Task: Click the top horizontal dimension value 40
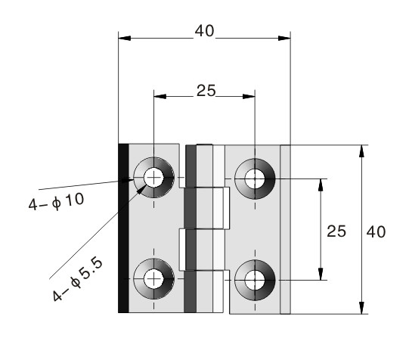click(204, 31)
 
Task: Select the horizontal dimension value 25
click(206, 91)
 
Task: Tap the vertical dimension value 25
click(336, 231)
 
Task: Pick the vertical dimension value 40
click(376, 232)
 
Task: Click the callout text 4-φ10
click(56, 202)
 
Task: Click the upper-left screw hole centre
click(153, 178)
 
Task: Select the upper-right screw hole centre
click(255, 178)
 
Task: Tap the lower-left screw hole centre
click(153, 279)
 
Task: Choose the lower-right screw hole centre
click(255, 280)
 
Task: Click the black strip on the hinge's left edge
click(123, 228)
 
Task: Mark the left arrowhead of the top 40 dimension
click(125, 39)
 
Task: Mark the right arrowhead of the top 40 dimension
click(284, 39)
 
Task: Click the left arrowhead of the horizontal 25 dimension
click(160, 97)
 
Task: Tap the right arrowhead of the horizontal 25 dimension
click(249, 97)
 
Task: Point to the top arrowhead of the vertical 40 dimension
click(362, 151)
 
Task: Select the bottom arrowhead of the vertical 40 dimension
click(362, 308)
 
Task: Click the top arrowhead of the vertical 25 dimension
click(321, 185)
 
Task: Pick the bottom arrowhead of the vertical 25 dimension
click(321, 274)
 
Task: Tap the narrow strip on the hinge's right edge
click(285, 229)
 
